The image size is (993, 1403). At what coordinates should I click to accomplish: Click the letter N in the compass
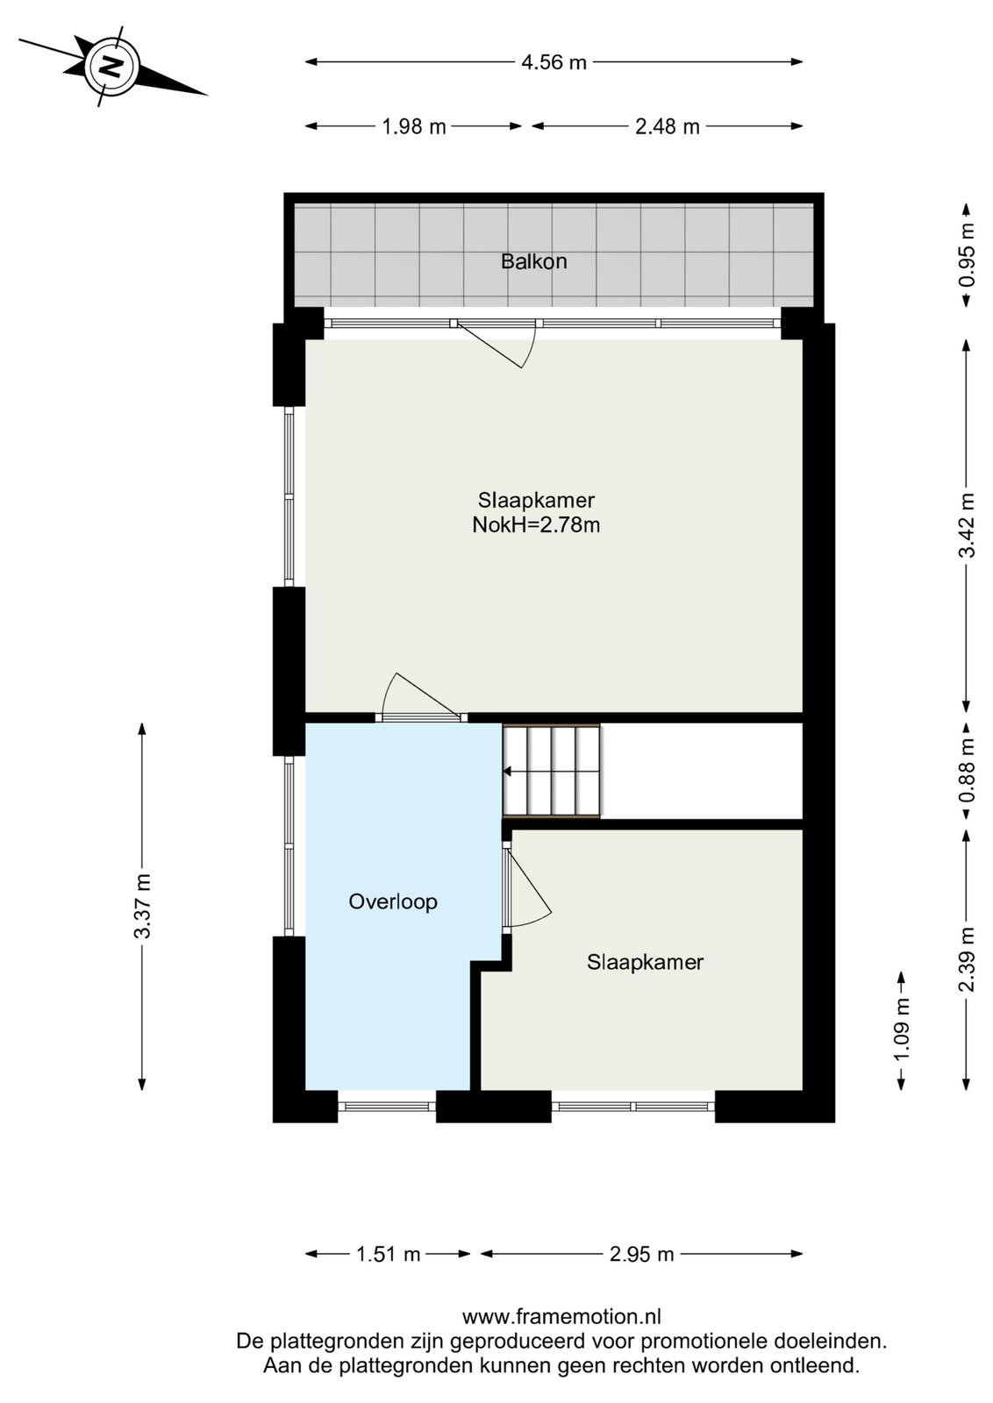112,66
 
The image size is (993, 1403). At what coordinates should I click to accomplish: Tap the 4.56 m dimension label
554,62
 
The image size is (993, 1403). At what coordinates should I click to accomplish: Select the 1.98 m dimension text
413,126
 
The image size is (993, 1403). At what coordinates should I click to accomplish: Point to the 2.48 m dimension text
668,126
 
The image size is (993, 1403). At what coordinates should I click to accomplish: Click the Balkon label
533,261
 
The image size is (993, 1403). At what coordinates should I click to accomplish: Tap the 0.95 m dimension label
968,255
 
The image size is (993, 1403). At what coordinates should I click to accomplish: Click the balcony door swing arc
530,345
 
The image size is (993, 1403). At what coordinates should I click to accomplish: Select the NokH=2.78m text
536,524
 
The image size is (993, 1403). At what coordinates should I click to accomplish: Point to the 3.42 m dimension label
968,525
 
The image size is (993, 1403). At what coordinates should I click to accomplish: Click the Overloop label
393,901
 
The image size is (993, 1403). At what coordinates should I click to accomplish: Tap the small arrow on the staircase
507,772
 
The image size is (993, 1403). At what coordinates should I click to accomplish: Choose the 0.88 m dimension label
968,771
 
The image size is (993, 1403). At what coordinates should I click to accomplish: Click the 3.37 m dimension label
143,906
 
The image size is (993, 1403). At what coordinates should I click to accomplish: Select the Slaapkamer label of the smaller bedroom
645,961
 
